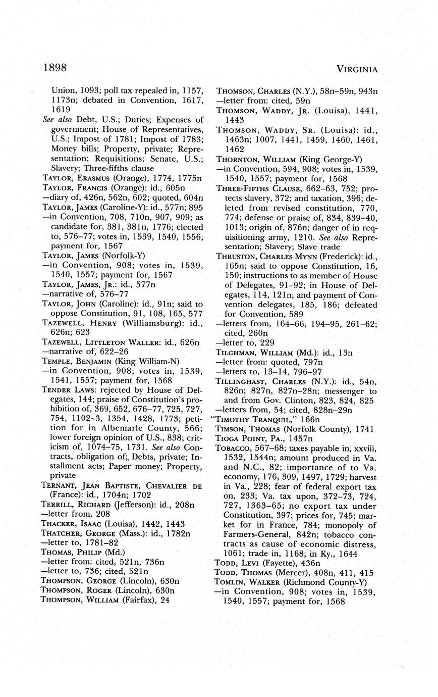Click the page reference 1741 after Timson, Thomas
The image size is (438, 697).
tap(363, 429)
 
